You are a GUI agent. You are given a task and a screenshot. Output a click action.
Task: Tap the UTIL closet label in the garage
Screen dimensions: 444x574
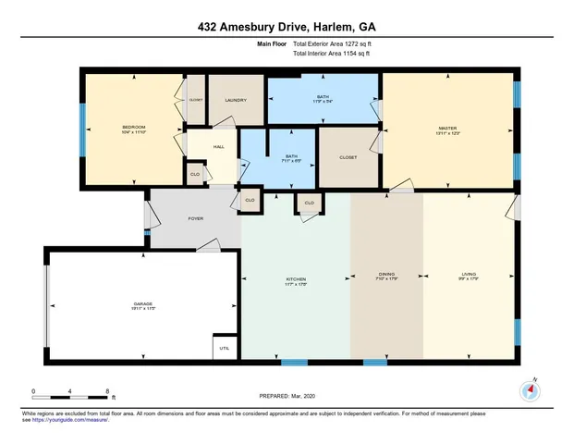click(x=223, y=349)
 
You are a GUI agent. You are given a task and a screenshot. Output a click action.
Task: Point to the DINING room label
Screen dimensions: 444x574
click(x=386, y=275)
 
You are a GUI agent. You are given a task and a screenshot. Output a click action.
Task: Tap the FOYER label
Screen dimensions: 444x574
click(x=196, y=218)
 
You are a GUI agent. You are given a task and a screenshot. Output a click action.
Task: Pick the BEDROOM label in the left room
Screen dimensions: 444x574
click(x=134, y=127)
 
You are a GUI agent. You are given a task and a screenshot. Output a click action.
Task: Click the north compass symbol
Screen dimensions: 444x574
click(x=530, y=390)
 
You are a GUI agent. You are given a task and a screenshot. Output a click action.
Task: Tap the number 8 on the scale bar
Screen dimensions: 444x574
click(x=110, y=391)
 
